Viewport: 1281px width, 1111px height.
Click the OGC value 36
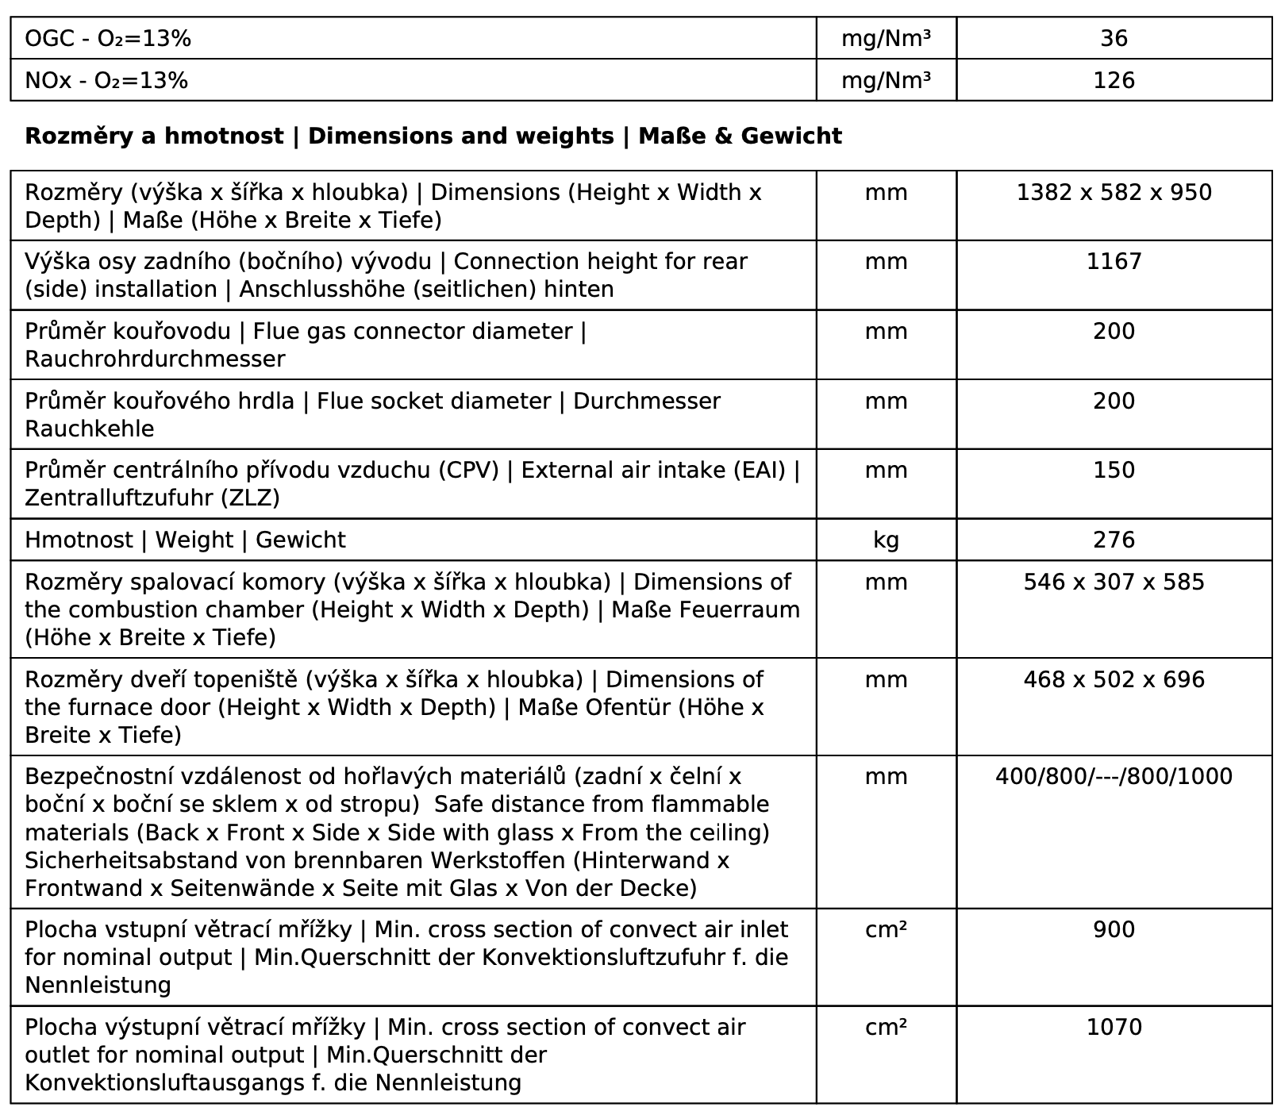(x=1114, y=39)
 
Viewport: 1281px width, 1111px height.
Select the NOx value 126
(x=1114, y=81)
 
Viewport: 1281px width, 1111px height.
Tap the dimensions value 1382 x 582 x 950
(x=1114, y=193)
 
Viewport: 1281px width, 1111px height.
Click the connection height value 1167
(x=1114, y=262)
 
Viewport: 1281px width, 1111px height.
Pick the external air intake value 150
(x=1114, y=471)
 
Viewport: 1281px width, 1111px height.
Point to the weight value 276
(x=1114, y=540)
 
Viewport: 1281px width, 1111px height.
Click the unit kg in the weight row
(x=886, y=540)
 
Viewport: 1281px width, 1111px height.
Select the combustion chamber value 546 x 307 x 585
(x=1114, y=582)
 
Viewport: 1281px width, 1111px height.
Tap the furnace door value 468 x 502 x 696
(x=1114, y=680)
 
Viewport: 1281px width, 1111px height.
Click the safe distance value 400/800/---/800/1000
(x=1114, y=777)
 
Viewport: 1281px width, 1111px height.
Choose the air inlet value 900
(x=1114, y=930)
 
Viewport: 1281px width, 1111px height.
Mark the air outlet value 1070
(x=1114, y=1028)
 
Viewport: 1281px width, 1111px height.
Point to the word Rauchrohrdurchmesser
(x=155, y=359)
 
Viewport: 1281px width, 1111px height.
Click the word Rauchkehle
(x=90, y=429)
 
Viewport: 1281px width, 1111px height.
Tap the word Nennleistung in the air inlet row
(x=98, y=986)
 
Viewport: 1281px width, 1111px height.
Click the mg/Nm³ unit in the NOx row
(x=886, y=81)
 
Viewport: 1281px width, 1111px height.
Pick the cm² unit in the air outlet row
(x=886, y=1028)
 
